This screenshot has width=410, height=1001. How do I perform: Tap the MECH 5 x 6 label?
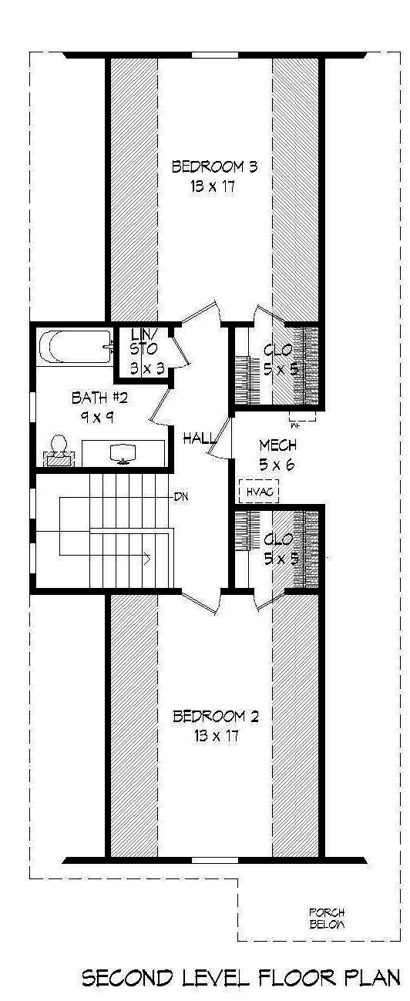(x=277, y=455)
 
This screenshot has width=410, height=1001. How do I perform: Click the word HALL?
(x=199, y=438)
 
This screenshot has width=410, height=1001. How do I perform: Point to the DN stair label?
(x=182, y=496)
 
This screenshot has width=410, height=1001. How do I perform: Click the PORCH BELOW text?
(x=327, y=918)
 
